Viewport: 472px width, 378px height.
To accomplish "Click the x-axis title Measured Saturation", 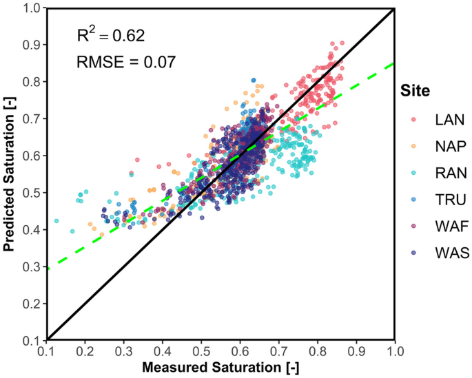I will coord(220,368).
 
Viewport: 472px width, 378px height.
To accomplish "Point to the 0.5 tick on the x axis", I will coord(201,351).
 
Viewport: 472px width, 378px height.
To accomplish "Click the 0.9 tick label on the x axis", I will coord(356,351).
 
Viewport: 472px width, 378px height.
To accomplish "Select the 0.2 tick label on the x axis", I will coord(85,351).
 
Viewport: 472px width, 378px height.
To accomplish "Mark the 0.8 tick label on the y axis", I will coord(32,81).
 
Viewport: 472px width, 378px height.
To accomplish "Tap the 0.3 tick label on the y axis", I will coord(32,266).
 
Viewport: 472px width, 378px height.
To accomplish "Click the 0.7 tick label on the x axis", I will coord(278,351).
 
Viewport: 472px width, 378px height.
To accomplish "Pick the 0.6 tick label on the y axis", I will coord(32,155).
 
